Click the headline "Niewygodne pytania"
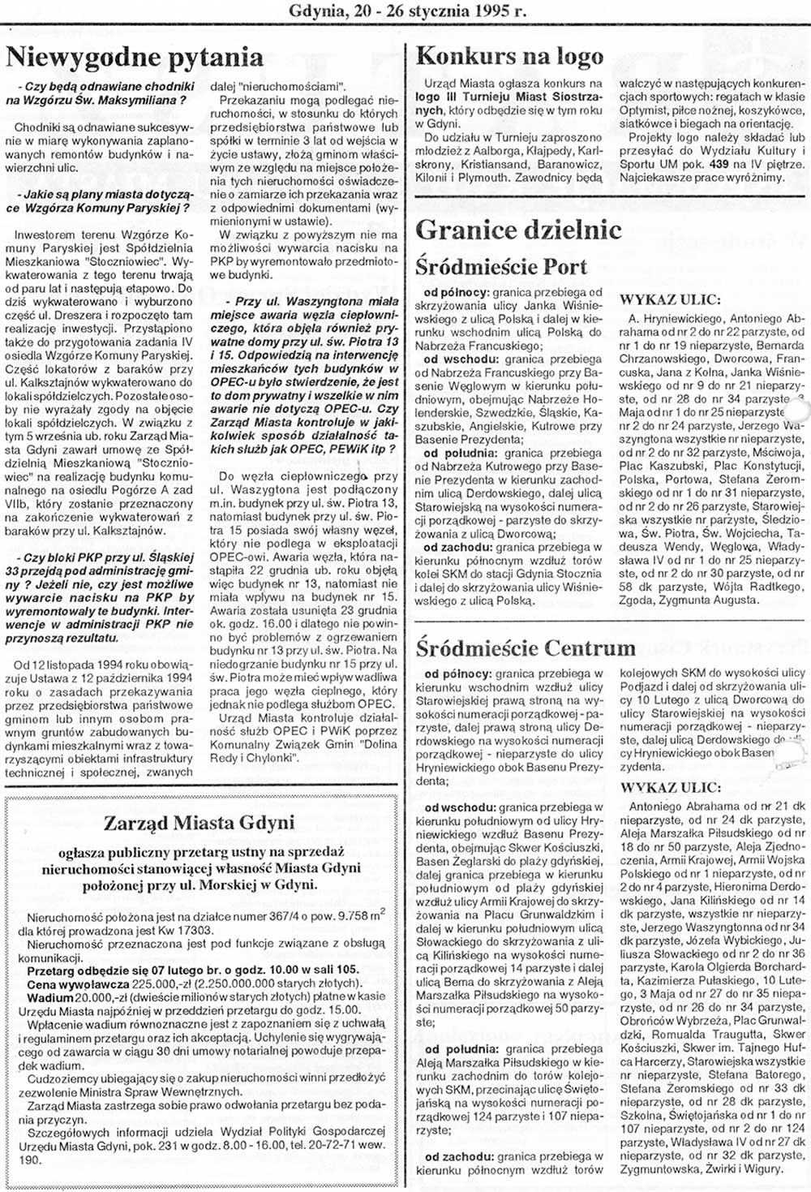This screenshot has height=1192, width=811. click(x=135, y=57)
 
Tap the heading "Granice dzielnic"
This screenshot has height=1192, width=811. click(x=518, y=230)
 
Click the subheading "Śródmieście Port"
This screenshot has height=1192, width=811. click(x=501, y=267)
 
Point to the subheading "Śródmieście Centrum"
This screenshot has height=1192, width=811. click(x=526, y=648)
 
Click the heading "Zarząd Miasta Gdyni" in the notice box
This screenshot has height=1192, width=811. click(x=199, y=823)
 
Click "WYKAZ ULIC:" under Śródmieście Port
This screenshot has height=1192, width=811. click(x=664, y=299)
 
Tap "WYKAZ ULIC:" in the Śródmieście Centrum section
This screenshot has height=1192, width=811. click(x=670, y=787)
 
